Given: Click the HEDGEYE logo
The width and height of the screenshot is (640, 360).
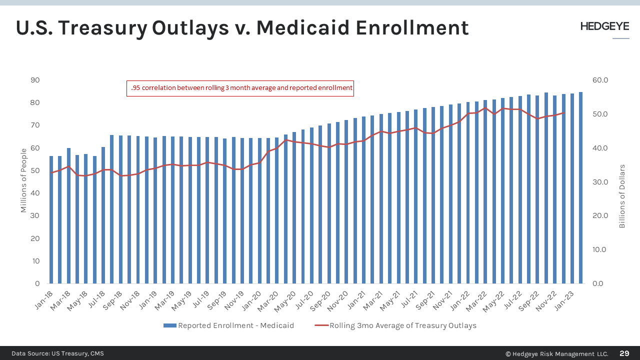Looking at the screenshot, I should (604, 27).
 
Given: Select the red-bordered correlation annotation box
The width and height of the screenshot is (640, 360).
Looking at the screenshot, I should (240, 88).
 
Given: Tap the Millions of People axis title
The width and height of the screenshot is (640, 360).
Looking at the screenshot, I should (23, 182).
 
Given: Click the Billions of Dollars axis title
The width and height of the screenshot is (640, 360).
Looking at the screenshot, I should (622, 196).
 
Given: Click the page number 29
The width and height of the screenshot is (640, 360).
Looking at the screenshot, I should (624, 353).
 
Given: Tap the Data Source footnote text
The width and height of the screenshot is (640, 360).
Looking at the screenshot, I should (57, 353).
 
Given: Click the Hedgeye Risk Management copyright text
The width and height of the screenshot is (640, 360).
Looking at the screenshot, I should (556, 353).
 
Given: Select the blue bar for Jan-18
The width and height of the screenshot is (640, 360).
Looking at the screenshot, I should (51, 220).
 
